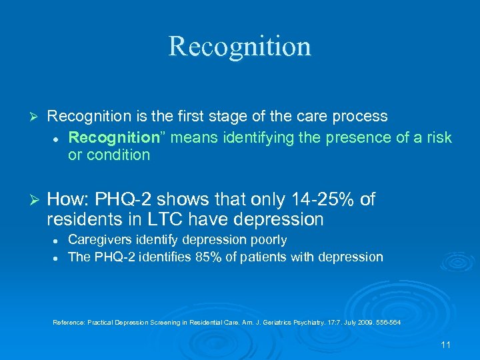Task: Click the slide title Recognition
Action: click(239, 46)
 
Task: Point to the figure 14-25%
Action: click(315, 199)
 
